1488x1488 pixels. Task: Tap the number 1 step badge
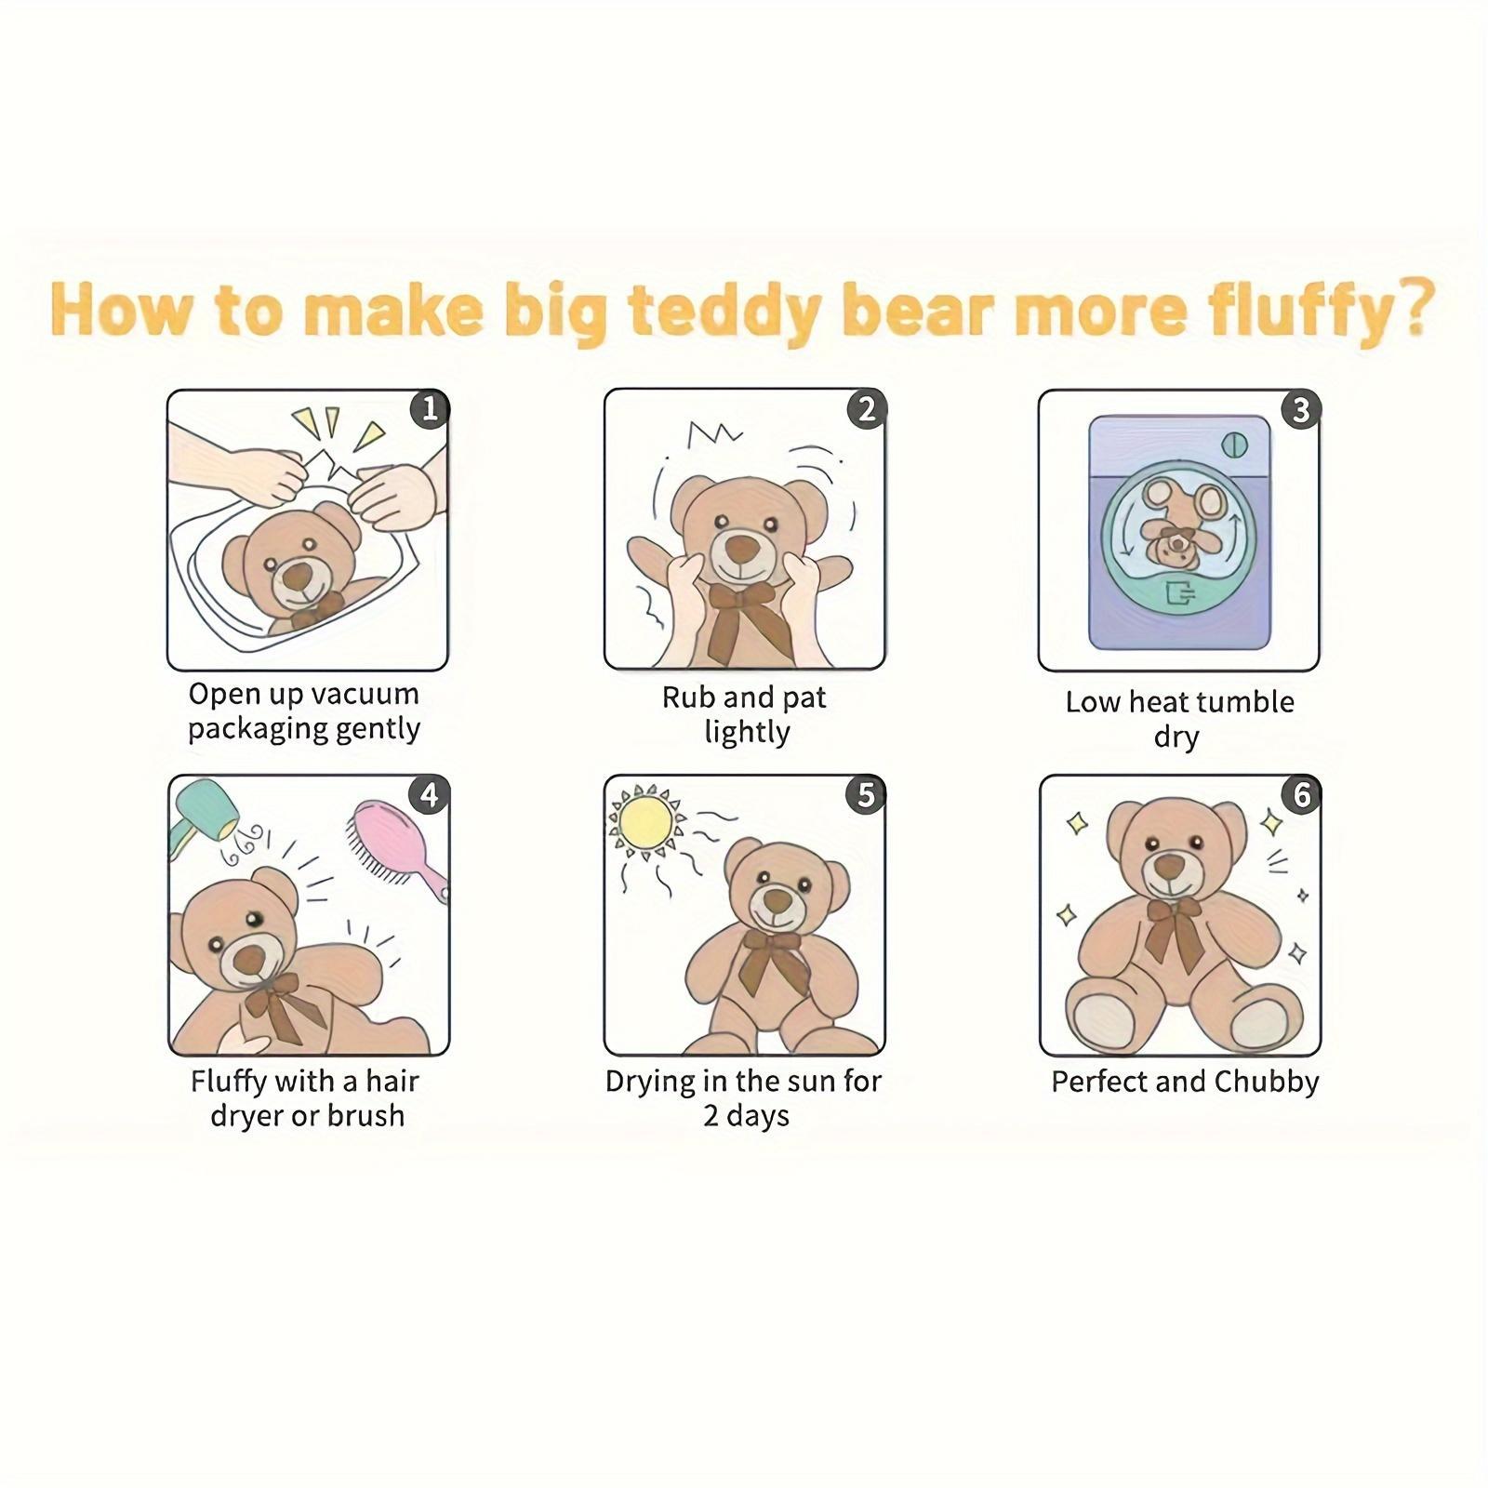(430, 408)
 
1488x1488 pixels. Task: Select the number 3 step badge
(1301, 409)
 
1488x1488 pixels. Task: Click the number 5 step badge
(866, 794)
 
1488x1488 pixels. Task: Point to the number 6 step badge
(1301, 795)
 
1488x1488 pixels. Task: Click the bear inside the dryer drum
(1179, 525)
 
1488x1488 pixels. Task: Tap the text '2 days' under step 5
(746, 1116)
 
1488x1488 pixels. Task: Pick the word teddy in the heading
(726, 311)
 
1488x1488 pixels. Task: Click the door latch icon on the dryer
(1180, 592)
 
